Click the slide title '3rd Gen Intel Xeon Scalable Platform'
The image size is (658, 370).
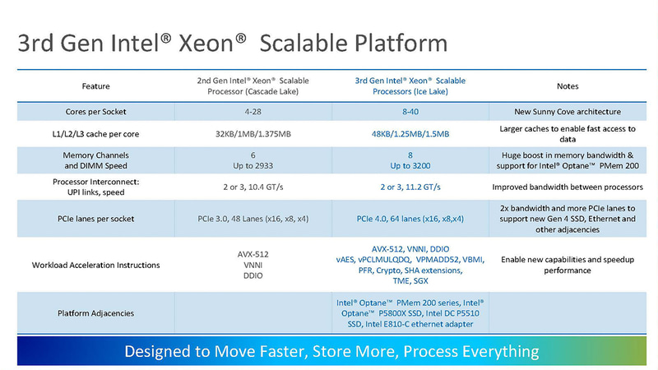click(233, 43)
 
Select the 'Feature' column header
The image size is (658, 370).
click(95, 86)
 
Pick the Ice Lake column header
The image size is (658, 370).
click(410, 86)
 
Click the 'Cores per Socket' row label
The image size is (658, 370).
click(95, 111)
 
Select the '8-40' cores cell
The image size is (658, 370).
click(410, 111)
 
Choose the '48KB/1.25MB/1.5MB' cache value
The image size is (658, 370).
click(410, 135)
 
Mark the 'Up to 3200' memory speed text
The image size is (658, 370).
click(410, 165)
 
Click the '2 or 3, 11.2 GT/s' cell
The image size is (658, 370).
click(410, 187)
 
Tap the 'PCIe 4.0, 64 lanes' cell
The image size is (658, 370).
click(410, 219)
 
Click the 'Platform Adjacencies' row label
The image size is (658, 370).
click(95, 313)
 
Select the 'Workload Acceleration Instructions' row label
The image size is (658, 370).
click(95, 265)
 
